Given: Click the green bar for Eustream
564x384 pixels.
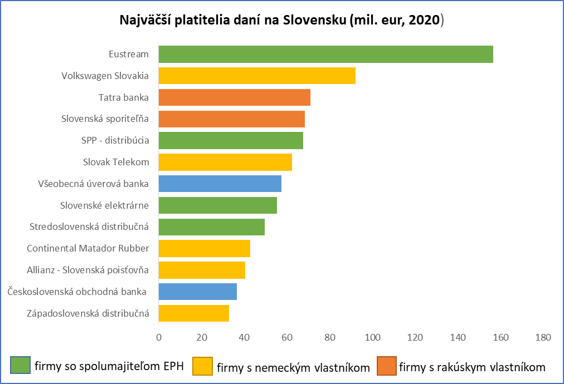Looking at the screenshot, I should pos(326,54).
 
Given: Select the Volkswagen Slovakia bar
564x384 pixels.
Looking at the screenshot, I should pos(257,76).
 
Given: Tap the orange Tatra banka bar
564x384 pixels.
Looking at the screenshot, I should pos(235,97).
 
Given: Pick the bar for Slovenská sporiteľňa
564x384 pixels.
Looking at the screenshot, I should pos(232,119).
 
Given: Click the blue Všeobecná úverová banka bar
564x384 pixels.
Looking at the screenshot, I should pos(220,184).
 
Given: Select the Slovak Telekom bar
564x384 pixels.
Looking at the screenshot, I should pos(225,162).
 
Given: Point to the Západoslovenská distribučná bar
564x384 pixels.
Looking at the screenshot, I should pos(194,313).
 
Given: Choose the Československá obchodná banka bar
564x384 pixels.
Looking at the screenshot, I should pos(198,292).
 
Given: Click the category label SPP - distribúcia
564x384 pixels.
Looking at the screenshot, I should pos(115,140).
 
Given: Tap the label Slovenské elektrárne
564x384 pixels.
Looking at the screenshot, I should pos(104,205).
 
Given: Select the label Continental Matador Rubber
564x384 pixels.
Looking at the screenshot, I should pos(87,249).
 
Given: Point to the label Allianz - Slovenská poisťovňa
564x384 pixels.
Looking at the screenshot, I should pos(87,270).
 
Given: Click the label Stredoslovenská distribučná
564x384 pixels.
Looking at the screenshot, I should pos(89,227).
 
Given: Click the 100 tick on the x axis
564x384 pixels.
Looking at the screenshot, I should pos(372,337).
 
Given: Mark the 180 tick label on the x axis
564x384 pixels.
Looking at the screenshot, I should pos(543,337).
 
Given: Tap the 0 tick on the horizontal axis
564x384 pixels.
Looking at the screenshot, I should pos(159,337).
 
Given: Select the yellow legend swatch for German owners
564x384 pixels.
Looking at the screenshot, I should pos(202,366).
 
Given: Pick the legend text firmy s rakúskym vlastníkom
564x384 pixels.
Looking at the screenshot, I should pos(472,367).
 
